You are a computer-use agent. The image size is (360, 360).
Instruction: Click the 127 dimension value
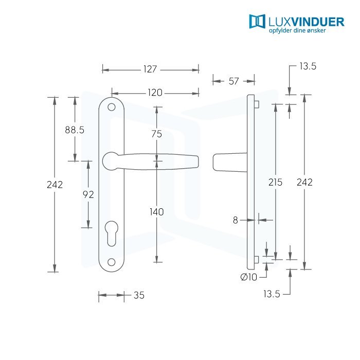[150, 69]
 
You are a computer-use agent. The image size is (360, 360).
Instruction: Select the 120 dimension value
[155, 93]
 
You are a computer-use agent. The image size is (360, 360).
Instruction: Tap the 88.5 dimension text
[75, 130]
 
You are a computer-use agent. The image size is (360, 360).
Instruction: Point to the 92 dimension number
[88, 195]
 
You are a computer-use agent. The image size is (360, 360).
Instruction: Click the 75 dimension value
[157, 134]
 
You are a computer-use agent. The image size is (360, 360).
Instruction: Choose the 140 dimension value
[157, 212]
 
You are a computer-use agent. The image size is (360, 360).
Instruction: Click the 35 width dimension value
[139, 295]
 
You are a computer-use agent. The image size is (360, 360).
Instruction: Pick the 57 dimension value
[233, 81]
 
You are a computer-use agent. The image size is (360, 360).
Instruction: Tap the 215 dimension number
[275, 182]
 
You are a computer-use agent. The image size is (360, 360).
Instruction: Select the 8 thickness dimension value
[236, 220]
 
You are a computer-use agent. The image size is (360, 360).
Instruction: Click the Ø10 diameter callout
[248, 277]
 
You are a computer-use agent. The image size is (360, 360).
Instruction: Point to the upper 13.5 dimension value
[308, 66]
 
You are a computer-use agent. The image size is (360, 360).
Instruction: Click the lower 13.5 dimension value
[272, 294]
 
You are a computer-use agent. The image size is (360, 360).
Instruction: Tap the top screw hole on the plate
[112, 107]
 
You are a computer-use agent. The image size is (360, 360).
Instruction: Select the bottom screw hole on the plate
[112, 262]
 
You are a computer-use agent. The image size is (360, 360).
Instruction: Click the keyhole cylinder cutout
[112, 233]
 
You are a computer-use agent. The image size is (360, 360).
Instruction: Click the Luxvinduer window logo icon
[257, 22]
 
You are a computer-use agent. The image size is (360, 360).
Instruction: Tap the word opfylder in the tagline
[279, 30]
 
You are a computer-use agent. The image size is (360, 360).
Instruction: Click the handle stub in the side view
[230, 163]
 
